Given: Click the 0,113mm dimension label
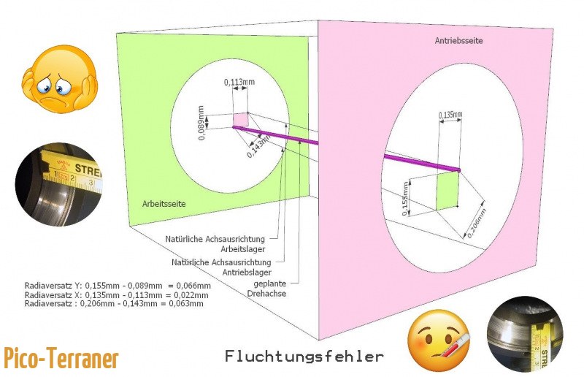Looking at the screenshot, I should (x=234, y=83).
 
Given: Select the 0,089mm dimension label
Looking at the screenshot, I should (x=202, y=118).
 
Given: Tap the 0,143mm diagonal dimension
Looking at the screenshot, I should (x=257, y=146).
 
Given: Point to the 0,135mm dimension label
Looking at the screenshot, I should (x=450, y=115).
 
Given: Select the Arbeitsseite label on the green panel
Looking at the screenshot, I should (x=164, y=205).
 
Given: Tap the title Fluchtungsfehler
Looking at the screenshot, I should (x=304, y=356).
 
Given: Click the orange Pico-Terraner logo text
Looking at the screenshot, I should (x=61, y=358).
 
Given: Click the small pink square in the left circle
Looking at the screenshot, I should (x=241, y=120).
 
